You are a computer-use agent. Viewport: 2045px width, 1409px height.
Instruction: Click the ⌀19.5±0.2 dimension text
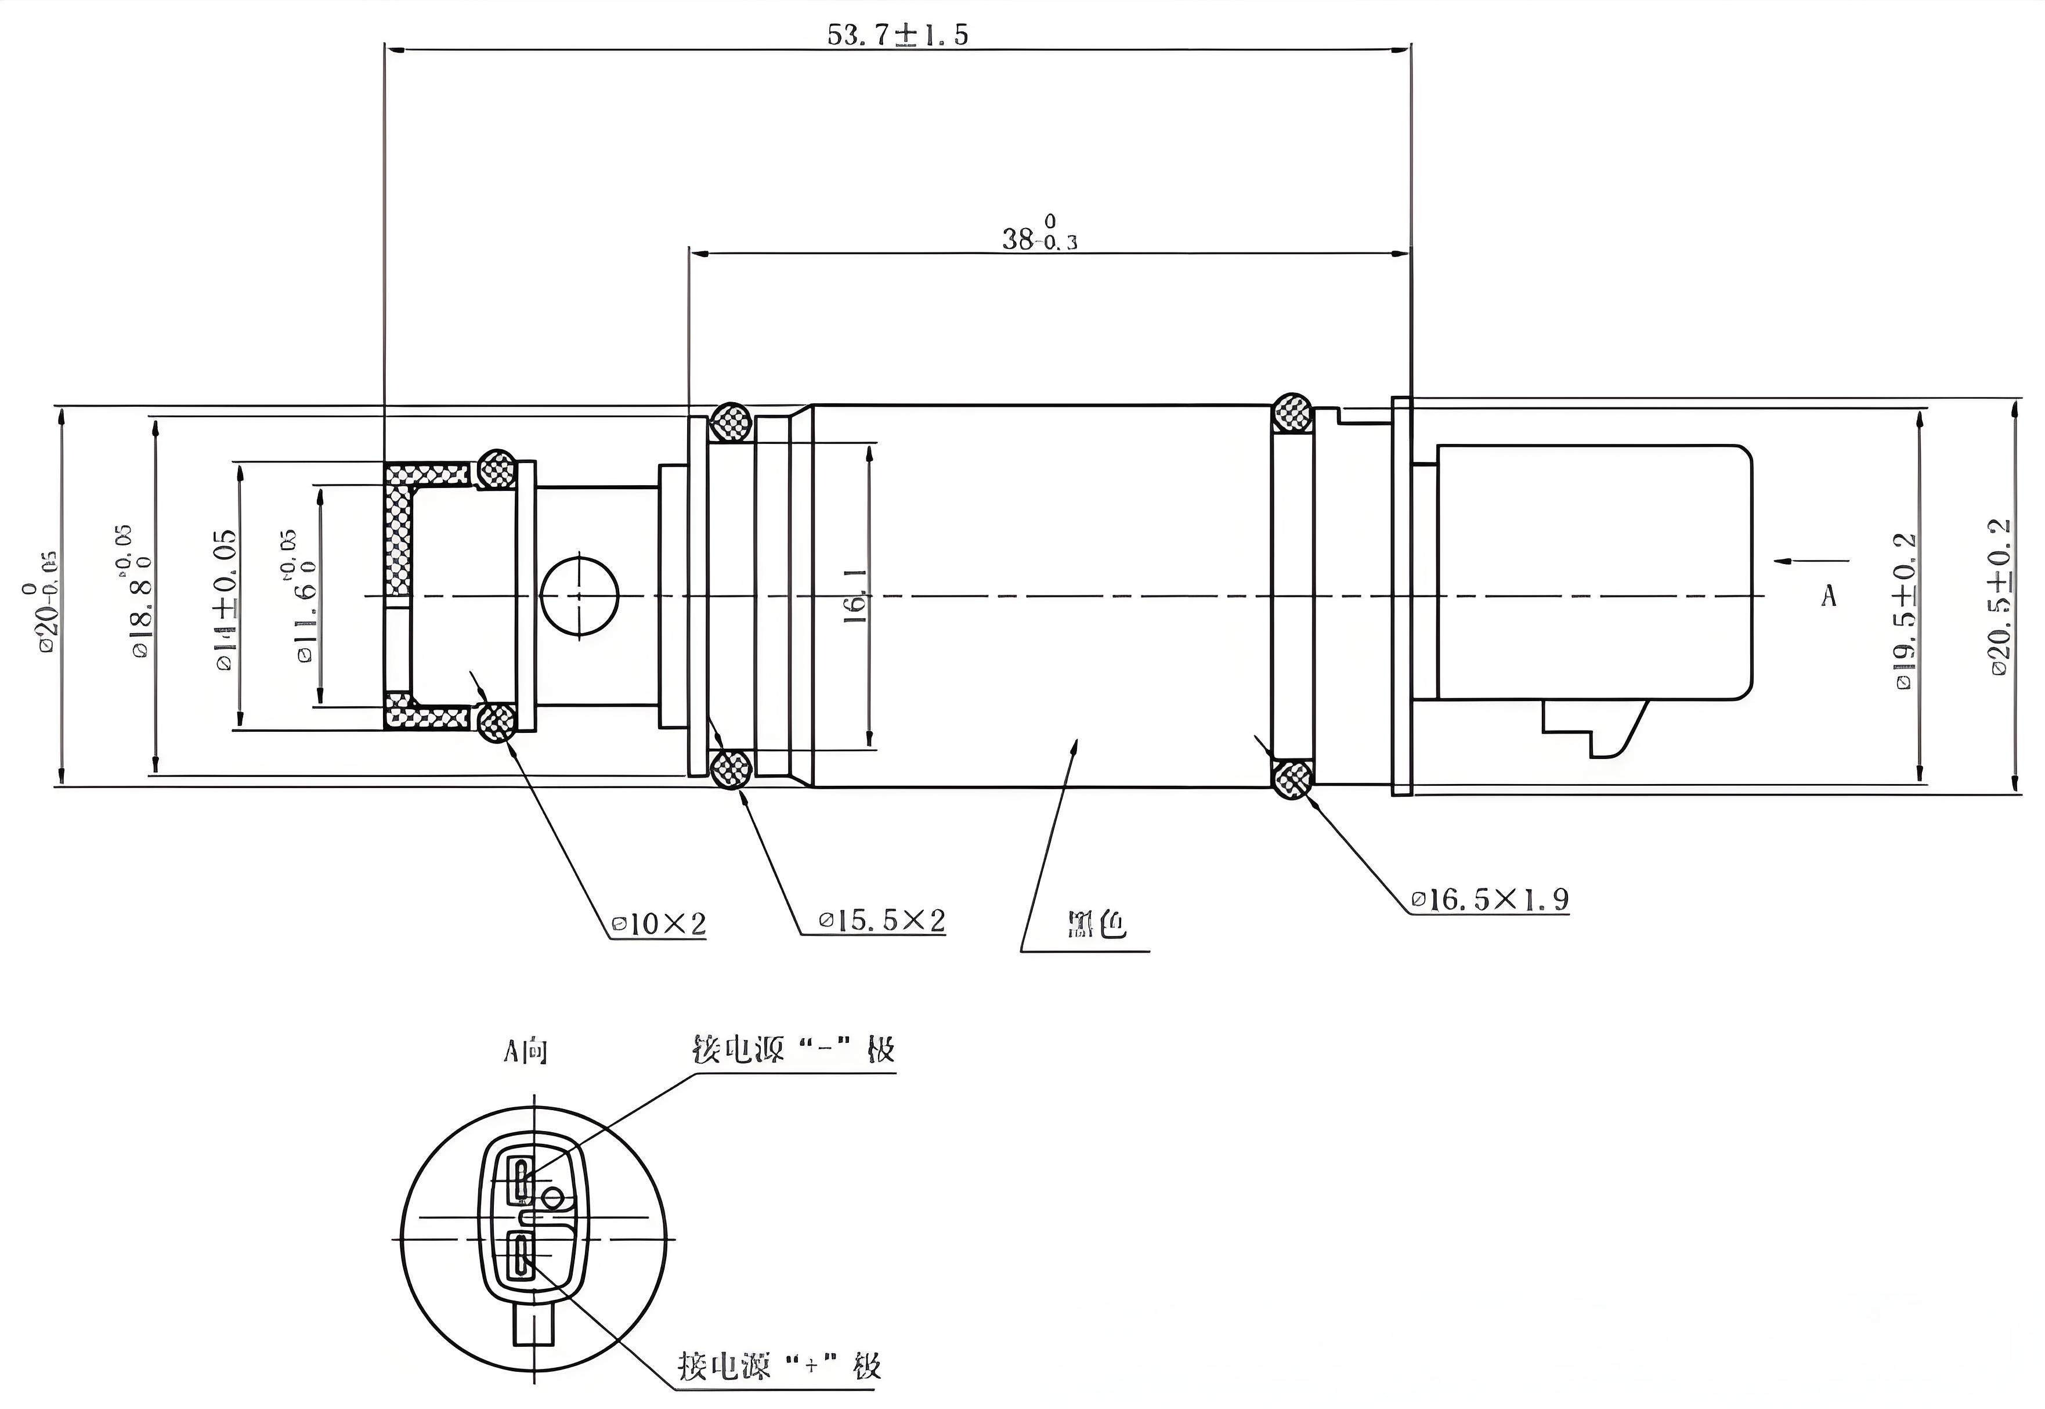1906,610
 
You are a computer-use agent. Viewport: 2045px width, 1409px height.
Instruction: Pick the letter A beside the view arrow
1828,597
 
